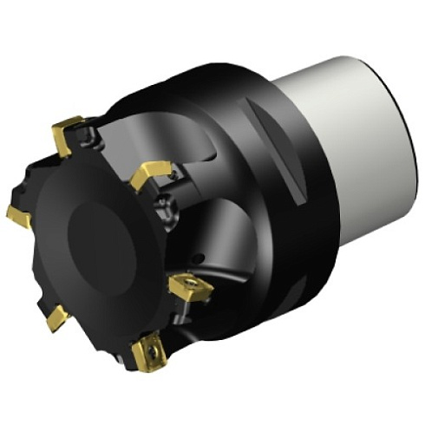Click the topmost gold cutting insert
67,132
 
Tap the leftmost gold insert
19,214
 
